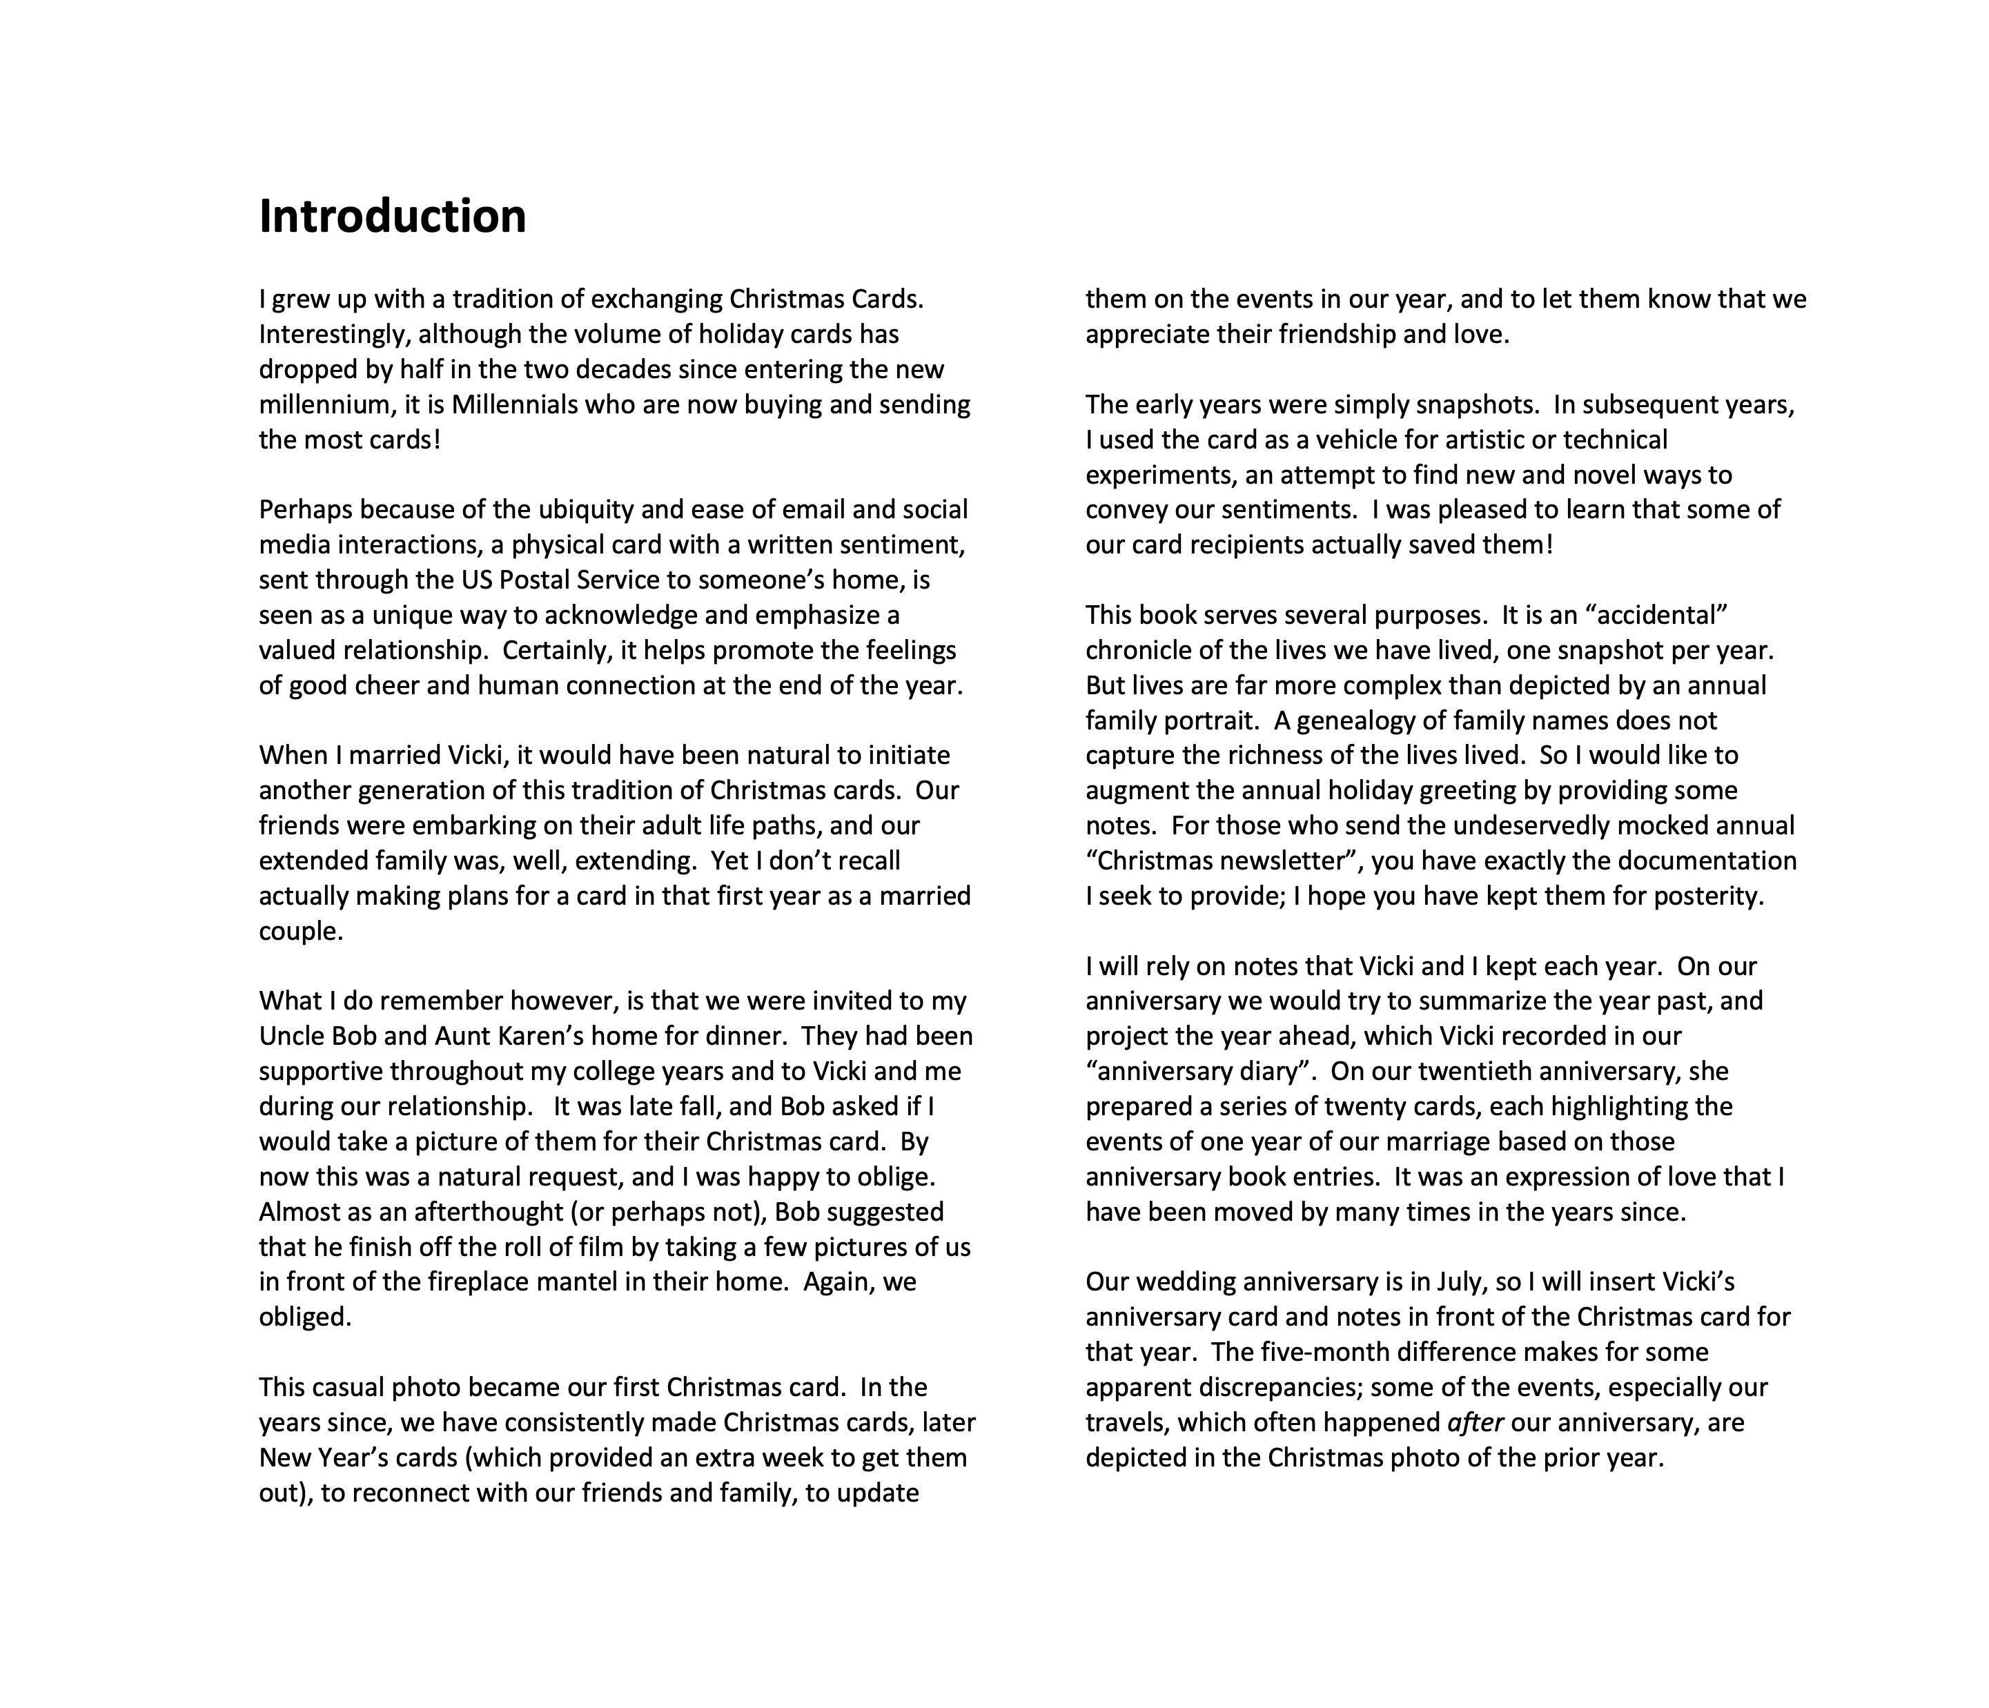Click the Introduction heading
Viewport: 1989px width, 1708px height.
(x=393, y=216)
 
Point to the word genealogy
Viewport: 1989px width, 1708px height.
(x=1355, y=720)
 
